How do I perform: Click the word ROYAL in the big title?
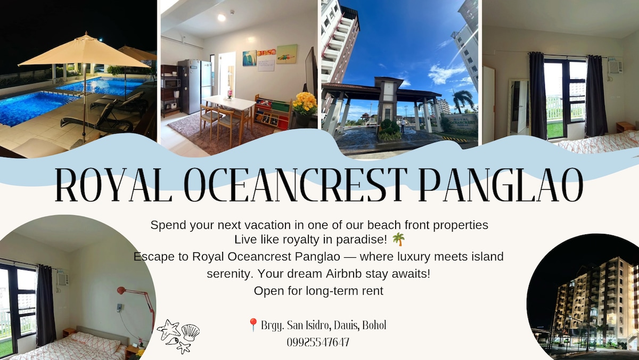pos(113,185)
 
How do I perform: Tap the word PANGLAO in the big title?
pos(501,185)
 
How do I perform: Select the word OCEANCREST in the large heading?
pos(295,185)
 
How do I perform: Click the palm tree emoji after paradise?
pos(398,239)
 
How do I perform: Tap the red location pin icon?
pos(253,325)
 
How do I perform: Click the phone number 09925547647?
pos(318,342)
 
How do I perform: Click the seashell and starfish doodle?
pos(178,336)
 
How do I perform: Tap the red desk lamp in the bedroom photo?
pos(137,302)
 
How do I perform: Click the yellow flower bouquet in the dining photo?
pos(305,103)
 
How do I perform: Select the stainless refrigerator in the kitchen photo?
pos(195,86)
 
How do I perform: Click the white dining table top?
pos(229,102)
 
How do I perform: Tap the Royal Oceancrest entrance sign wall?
pos(459,122)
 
